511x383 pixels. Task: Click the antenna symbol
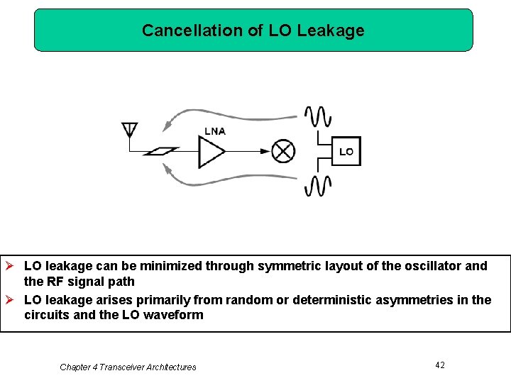[x=129, y=131]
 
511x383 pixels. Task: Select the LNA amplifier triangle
[x=211, y=151]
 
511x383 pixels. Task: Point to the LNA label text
[x=215, y=131]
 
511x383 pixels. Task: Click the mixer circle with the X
[x=284, y=151]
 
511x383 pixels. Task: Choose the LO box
[x=346, y=151]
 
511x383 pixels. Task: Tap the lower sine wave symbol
[x=317, y=186]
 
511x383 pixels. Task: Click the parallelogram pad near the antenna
[x=160, y=151]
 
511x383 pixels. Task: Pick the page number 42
[x=440, y=365]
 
